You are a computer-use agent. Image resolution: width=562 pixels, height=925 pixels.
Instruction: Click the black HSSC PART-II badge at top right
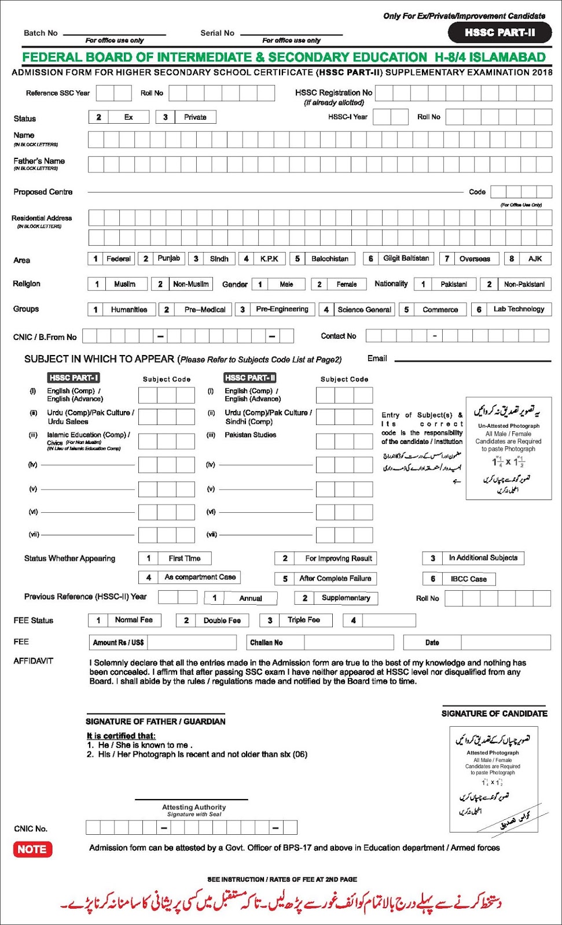[x=499, y=33]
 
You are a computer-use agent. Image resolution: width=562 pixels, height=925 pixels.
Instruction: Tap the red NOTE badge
[x=32, y=849]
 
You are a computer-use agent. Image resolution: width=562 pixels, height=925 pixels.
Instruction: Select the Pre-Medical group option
[x=204, y=310]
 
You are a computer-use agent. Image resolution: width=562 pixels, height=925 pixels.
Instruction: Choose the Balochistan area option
[x=329, y=259]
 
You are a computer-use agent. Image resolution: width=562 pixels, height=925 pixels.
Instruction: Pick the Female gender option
[x=346, y=284]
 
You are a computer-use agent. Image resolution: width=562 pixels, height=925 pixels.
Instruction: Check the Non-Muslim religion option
[x=190, y=284]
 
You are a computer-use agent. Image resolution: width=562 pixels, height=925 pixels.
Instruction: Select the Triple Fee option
[x=303, y=620]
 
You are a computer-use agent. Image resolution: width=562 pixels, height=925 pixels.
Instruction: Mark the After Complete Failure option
[x=335, y=579]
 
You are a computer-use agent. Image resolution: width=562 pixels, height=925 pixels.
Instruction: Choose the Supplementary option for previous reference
[x=345, y=598]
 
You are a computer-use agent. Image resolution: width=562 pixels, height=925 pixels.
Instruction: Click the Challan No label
[x=266, y=643]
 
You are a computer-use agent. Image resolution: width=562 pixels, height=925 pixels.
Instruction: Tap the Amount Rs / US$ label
[x=119, y=643]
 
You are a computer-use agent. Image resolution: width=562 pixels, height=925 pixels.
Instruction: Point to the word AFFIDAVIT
[x=33, y=661]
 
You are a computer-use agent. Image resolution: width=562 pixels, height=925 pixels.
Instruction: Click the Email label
[x=377, y=359]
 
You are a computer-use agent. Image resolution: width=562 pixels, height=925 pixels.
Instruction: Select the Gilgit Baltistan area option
[x=406, y=258]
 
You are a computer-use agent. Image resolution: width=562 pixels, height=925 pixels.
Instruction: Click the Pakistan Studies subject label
[x=250, y=435]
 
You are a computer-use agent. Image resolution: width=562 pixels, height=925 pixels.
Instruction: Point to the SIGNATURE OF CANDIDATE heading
[x=494, y=714]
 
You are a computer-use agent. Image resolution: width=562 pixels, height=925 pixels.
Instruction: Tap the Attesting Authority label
[x=194, y=808]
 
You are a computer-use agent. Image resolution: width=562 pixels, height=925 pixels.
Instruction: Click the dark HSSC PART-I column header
[x=74, y=378]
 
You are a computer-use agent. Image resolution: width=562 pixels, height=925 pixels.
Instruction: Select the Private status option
[x=194, y=117]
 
